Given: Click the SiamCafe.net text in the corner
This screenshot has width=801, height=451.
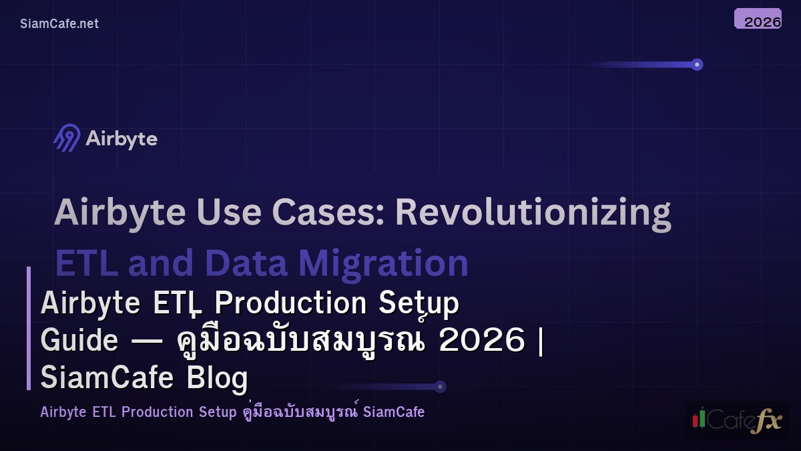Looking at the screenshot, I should pyautogui.click(x=59, y=23).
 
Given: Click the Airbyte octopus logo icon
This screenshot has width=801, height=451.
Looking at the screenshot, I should pyautogui.click(x=67, y=138).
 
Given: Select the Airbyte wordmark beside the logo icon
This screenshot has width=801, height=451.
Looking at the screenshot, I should pyautogui.click(x=121, y=139).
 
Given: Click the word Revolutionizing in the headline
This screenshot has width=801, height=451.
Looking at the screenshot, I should pyautogui.click(x=533, y=212).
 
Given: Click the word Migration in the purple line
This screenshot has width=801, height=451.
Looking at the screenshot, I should pyautogui.click(x=383, y=263).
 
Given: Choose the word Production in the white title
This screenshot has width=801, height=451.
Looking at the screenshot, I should pyautogui.click(x=290, y=303).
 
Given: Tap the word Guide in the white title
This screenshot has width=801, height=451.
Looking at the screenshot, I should pyautogui.click(x=79, y=340).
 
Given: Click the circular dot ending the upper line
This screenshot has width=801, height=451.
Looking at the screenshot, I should pyautogui.click(x=697, y=65).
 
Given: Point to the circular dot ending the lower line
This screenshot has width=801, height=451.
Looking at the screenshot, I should pyautogui.click(x=440, y=386).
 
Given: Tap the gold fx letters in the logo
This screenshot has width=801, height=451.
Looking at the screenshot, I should pyautogui.click(x=766, y=422).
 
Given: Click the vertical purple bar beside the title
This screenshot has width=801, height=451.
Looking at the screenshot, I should pyautogui.click(x=29, y=328).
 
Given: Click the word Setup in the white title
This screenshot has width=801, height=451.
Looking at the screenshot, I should pyautogui.click(x=419, y=303).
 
